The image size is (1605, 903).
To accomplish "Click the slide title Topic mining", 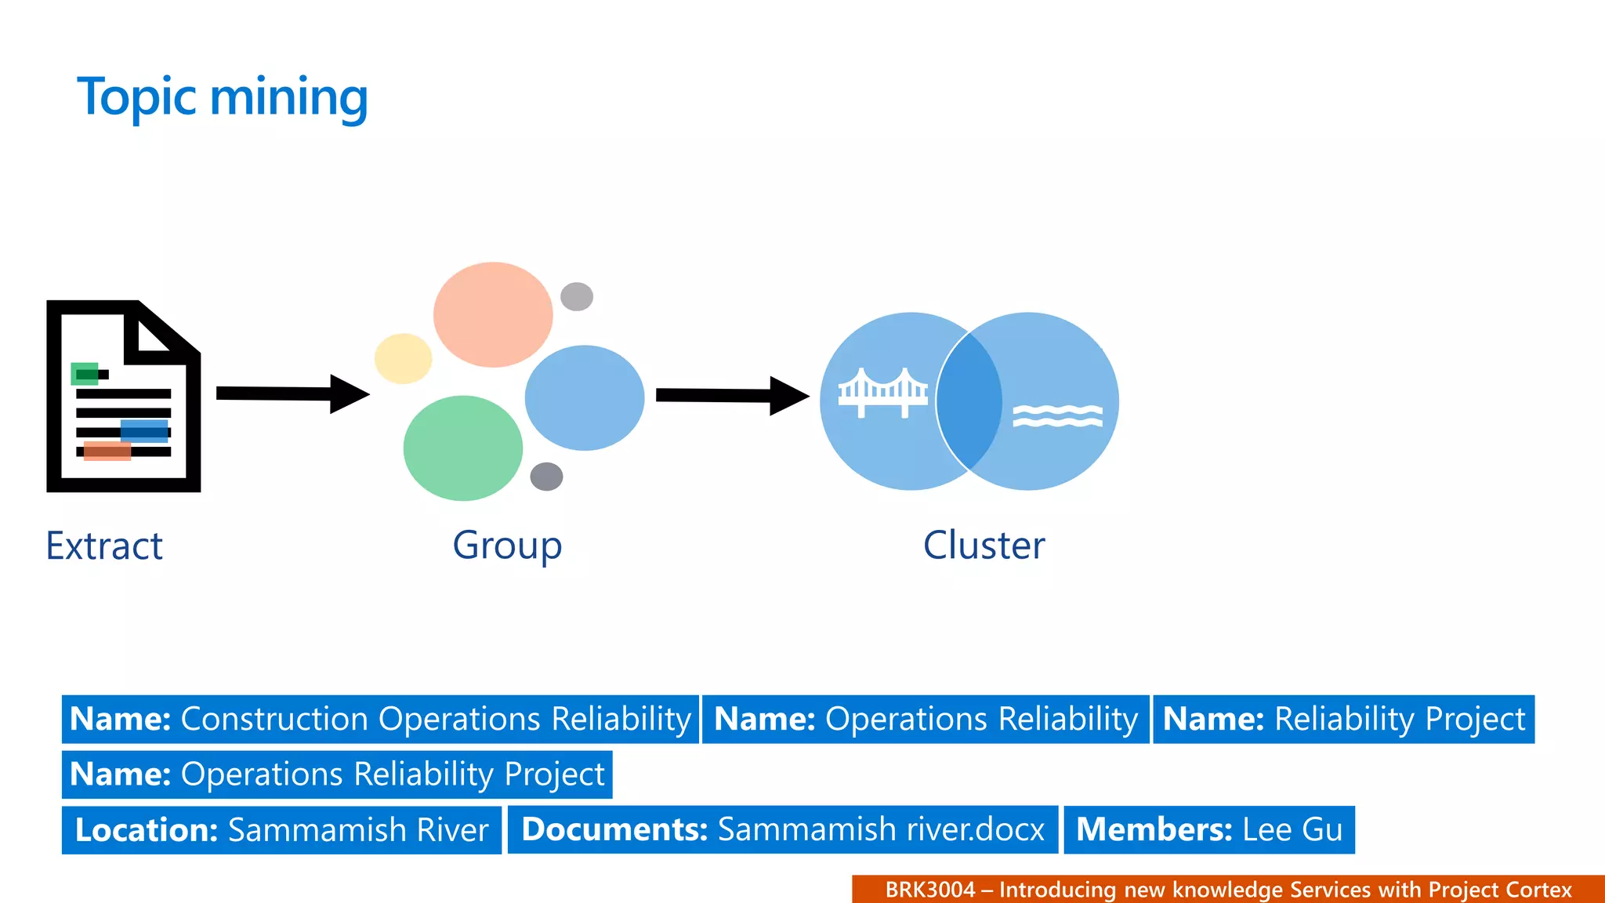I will [x=222, y=97].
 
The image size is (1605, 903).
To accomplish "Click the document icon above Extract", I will [x=123, y=397].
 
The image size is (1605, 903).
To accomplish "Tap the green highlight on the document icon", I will [x=85, y=374].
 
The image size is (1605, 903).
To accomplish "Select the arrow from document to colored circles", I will [x=292, y=393].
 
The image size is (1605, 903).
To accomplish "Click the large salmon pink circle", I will [x=493, y=314].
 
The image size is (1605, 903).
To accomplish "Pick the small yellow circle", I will [x=403, y=358].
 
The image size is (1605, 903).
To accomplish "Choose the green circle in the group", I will [x=462, y=448].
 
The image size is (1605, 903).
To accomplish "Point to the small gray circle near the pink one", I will [x=577, y=296].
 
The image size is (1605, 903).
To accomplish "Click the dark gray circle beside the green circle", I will [x=546, y=476].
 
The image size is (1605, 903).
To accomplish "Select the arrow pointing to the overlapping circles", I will [x=731, y=395].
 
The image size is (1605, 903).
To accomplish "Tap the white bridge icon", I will [x=882, y=392].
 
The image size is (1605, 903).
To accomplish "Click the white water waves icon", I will [x=1057, y=415].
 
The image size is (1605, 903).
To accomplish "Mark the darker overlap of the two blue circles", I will [x=969, y=401].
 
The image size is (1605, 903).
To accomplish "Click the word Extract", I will [x=104, y=546].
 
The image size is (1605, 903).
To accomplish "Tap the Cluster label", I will [x=984, y=545].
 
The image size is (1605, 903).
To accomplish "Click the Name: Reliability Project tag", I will [x=1343, y=719].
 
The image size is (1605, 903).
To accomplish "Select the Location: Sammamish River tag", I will [x=281, y=830].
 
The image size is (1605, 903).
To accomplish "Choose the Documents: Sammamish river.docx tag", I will [x=782, y=829].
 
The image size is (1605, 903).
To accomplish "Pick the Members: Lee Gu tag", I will [x=1208, y=829].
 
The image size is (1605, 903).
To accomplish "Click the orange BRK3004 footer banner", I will [x=1227, y=890].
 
